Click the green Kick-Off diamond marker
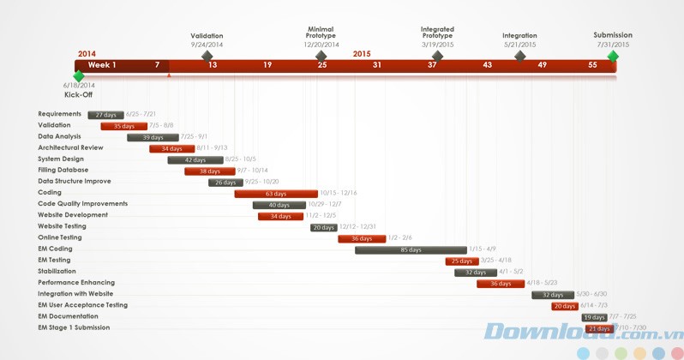coord(79,76)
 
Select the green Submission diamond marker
coord(613,57)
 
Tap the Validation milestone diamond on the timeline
coord(207,57)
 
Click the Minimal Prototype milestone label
coord(321,33)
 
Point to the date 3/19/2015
coord(437,45)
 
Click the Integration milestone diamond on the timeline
coord(519,57)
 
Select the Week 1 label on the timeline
coord(102,65)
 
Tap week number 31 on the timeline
coord(377,65)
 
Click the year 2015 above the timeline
coord(362,54)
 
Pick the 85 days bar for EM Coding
coord(411,249)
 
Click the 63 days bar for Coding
coord(275,194)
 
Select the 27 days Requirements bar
coord(105,115)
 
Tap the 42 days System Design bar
coord(195,160)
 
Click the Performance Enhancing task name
coord(76,283)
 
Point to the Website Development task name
coord(73,215)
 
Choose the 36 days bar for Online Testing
coord(361,238)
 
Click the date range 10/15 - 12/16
coord(339,194)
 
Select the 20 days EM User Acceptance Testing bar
coord(564,306)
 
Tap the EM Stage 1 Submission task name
coord(74,327)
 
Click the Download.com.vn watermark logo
coord(583,332)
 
